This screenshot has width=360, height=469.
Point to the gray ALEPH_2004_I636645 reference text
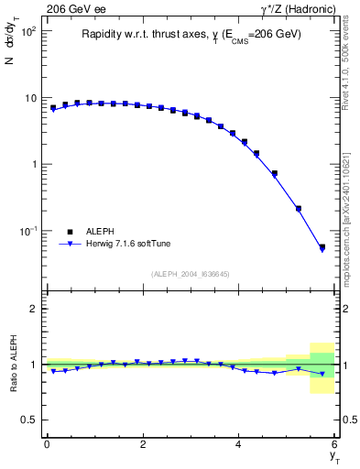tap(190, 273)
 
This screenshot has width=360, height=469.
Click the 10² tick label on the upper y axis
tap(27, 32)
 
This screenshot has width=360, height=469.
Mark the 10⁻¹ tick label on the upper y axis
tap(27, 231)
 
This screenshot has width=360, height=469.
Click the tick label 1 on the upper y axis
tap(33, 165)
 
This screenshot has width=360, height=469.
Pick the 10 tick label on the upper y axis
tap(29, 98)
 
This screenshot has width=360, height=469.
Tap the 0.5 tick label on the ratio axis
tap(29, 420)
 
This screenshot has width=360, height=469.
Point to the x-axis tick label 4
tap(239, 444)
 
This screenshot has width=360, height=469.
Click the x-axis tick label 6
tap(335, 444)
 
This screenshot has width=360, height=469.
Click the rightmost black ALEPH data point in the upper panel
tap(322, 247)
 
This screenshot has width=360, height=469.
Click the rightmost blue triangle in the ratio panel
tap(322, 374)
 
